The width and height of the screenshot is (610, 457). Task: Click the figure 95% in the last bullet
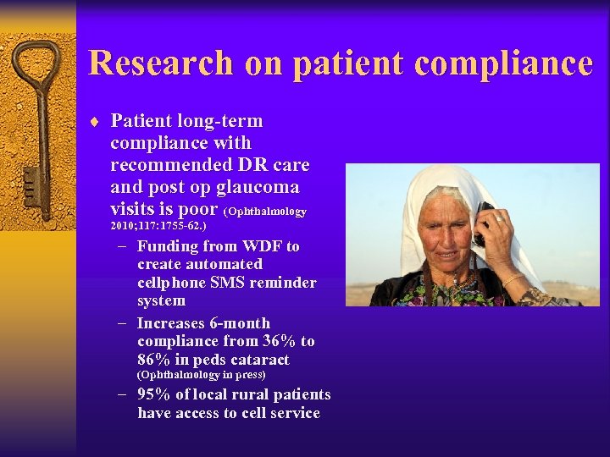[153, 395]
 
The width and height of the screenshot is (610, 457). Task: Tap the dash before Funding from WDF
[124, 246]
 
